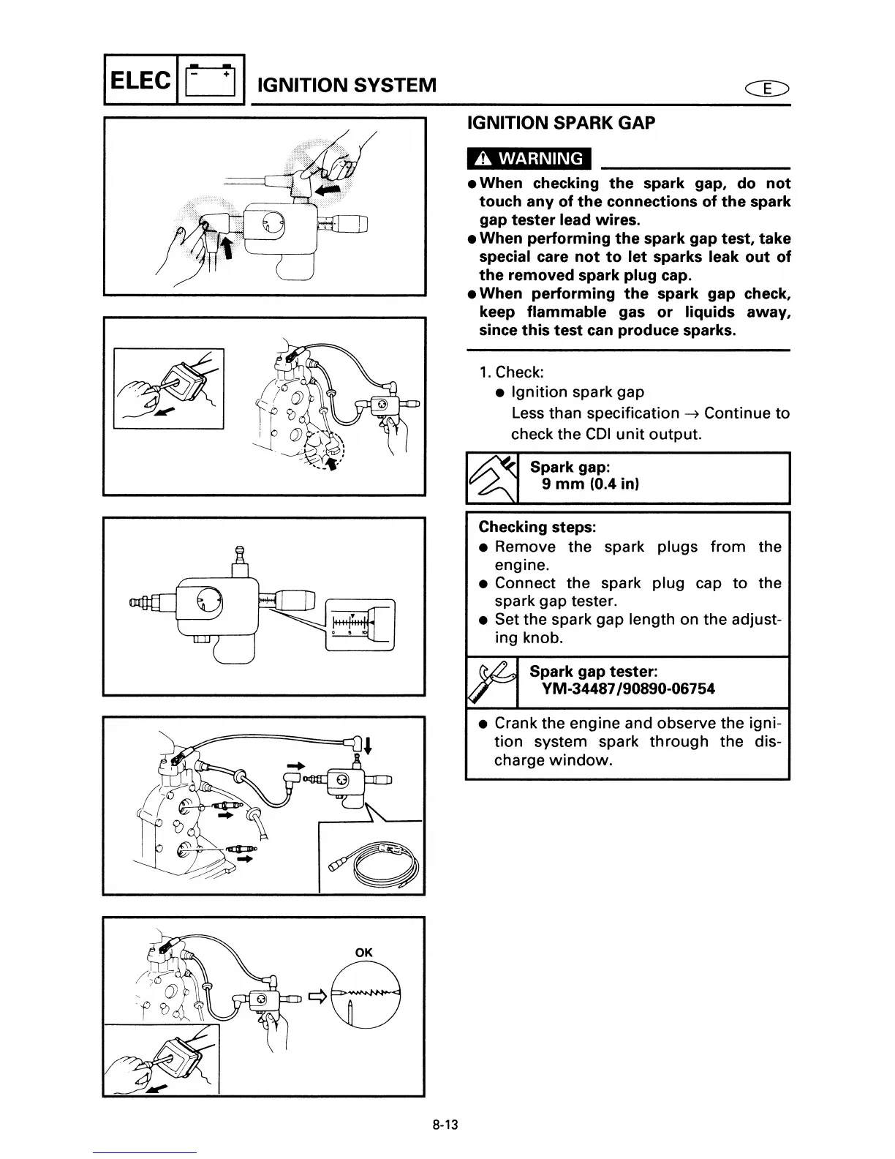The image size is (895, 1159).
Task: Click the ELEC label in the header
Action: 140,80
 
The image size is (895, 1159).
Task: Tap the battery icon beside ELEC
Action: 211,81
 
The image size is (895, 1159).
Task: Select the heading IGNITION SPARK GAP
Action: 561,123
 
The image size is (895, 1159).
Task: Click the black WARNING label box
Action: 529,159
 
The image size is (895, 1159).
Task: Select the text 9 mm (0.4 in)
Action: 590,484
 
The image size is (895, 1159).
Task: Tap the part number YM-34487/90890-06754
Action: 627,689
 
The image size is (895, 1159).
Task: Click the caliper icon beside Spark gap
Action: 492,479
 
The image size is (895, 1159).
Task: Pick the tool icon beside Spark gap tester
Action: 492,682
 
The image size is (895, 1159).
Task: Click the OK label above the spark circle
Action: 363,953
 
